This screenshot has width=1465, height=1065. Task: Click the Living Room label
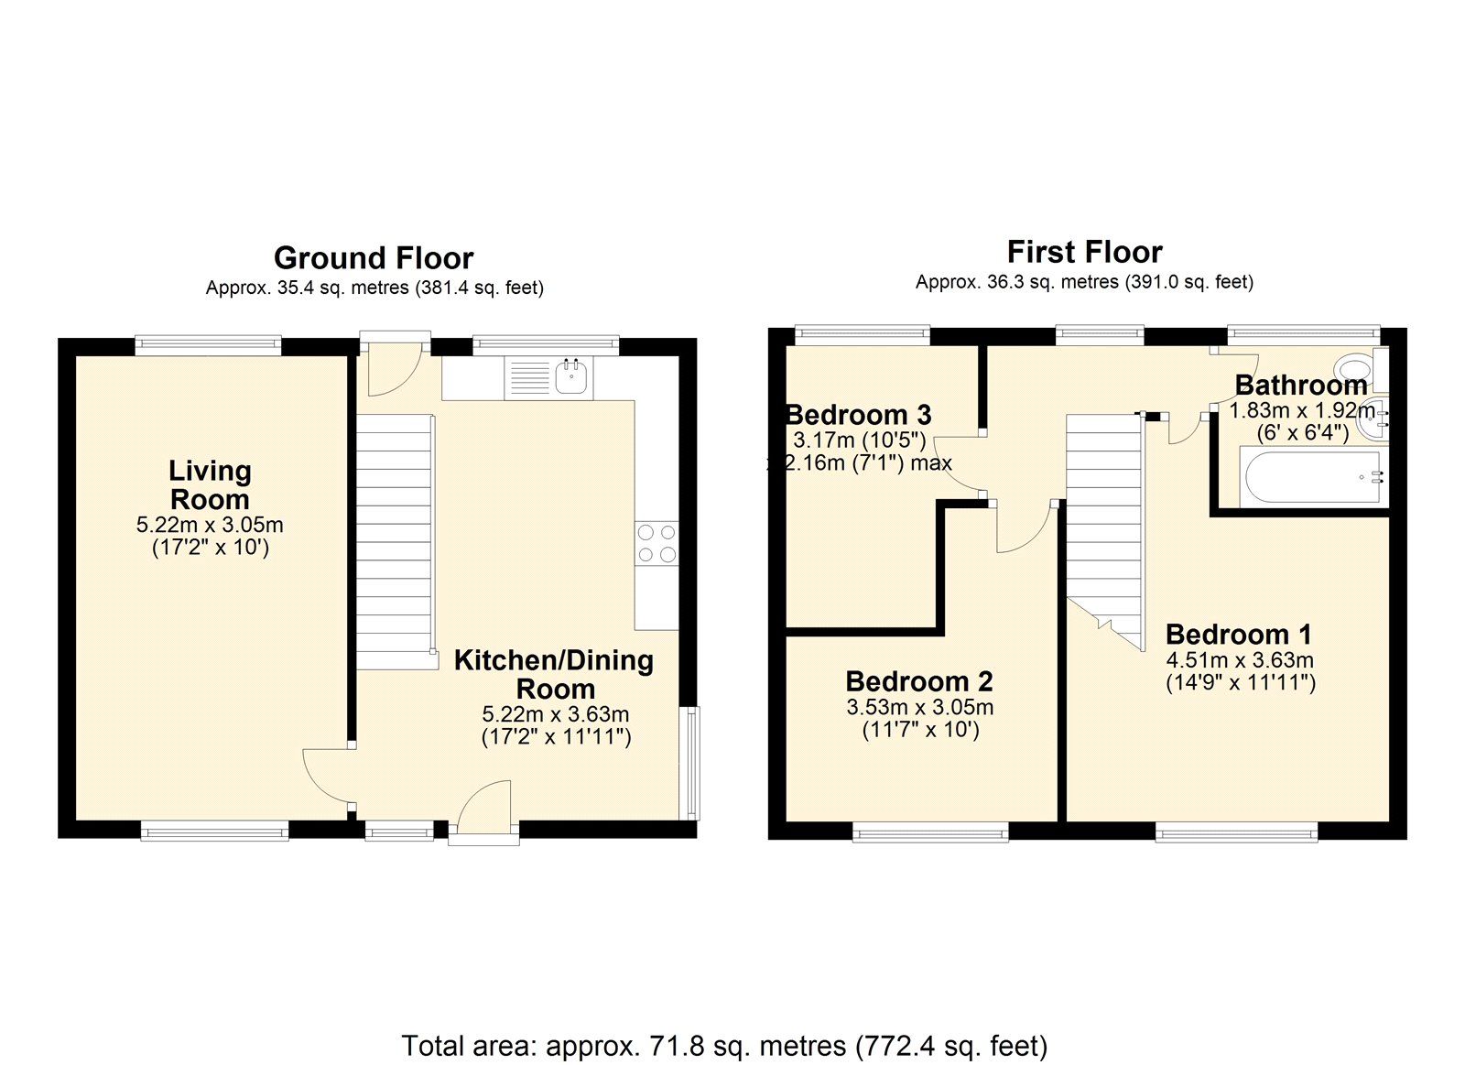pos(210,485)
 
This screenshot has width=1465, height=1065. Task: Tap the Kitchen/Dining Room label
pos(554,674)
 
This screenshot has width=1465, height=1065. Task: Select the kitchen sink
pos(572,376)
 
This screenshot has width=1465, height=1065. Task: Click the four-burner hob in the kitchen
pos(657,543)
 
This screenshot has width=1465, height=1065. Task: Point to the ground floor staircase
pos(394,540)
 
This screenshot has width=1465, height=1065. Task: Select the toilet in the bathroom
pos(1354,370)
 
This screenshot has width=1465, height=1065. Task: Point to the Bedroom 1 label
pos(1238,634)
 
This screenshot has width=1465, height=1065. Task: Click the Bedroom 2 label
pos(918,681)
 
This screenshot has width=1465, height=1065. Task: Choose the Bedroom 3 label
pos(859,415)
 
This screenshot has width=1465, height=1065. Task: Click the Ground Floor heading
pos(374,258)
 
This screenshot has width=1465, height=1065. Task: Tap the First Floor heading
pos(1084,252)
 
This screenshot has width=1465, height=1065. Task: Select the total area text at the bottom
pos(723,1045)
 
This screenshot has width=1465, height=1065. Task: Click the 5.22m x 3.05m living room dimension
pos(210,526)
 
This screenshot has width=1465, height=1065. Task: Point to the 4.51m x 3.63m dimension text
pos(1240,660)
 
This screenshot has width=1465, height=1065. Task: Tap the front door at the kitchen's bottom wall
pos(483,811)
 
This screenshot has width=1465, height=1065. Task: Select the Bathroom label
pos(1300,386)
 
